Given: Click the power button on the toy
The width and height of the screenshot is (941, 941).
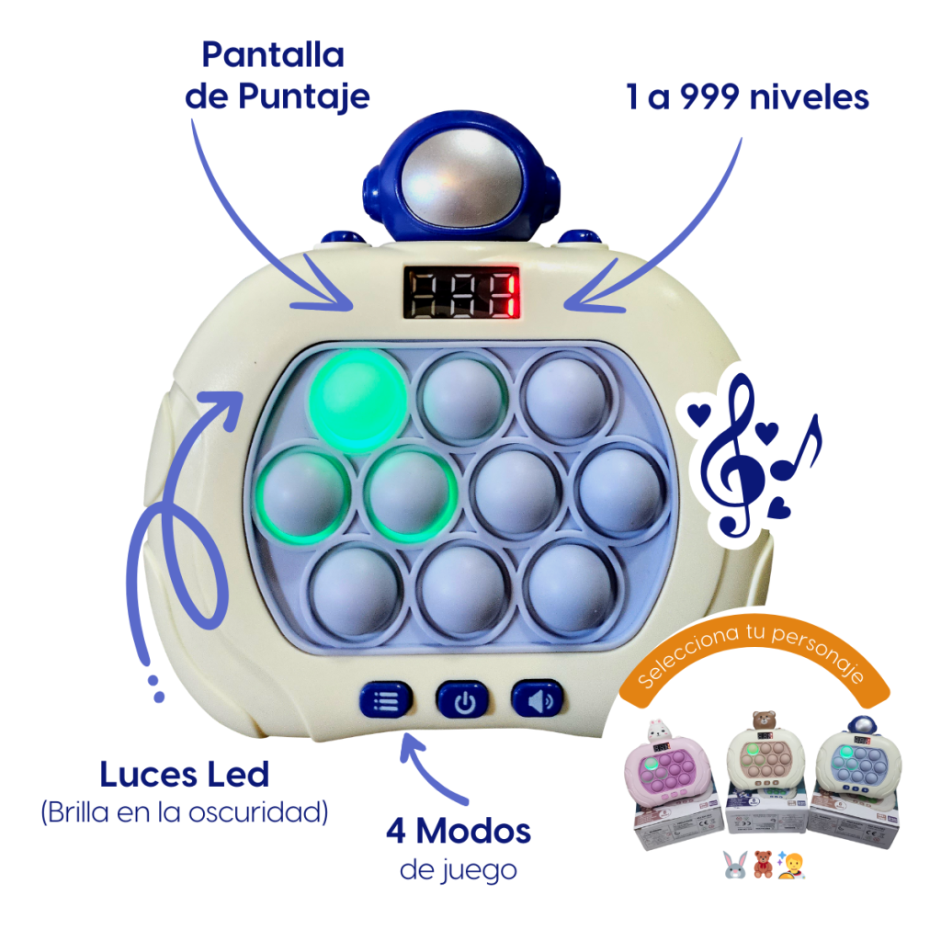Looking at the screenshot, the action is pyautogui.click(x=463, y=699).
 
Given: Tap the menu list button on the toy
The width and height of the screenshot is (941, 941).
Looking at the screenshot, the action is pyautogui.click(x=387, y=699).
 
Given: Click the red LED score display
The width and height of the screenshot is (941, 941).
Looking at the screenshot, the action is pyautogui.click(x=461, y=292).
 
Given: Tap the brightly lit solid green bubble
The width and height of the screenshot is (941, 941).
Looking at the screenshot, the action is pyautogui.click(x=358, y=401).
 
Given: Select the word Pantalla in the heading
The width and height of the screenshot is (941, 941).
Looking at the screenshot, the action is pyautogui.click(x=273, y=55).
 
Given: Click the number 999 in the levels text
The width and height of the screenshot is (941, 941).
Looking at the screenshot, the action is pyautogui.click(x=709, y=96).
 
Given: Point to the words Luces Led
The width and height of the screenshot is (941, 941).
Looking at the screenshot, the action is pyautogui.click(x=184, y=774).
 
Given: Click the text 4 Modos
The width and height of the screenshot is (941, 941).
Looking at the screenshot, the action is pyautogui.click(x=459, y=831).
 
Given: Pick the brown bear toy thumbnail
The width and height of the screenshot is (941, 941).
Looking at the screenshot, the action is pyautogui.click(x=765, y=771).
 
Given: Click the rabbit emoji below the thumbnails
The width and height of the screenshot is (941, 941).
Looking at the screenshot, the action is pyautogui.click(x=736, y=865).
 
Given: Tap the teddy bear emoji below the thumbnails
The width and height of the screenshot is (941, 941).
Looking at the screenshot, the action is pyautogui.click(x=763, y=865).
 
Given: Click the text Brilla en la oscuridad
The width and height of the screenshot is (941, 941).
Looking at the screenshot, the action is pyautogui.click(x=184, y=813).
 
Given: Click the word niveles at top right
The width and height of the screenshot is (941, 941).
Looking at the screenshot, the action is pyautogui.click(x=810, y=96).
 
